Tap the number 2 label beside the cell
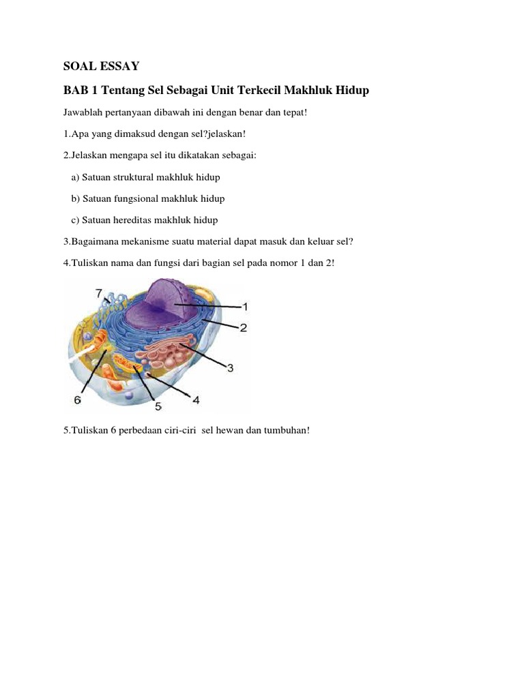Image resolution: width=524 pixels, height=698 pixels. click(x=243, y=327)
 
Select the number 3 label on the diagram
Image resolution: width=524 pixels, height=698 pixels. click(x=231, y=368)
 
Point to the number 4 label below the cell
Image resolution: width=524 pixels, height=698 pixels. click(x=196, y=400)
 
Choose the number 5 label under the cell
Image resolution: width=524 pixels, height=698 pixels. click(x=158, y=407)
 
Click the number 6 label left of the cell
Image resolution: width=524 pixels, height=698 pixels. click(x=78, y=401)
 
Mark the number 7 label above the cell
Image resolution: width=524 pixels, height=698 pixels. click(x=99, y=293)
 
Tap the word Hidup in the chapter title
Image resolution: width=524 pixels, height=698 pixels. click(x=350, y=91)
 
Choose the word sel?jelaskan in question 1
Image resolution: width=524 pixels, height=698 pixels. click(x=209, y=134)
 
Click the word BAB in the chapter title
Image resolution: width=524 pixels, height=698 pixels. click(x=75, y=91)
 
